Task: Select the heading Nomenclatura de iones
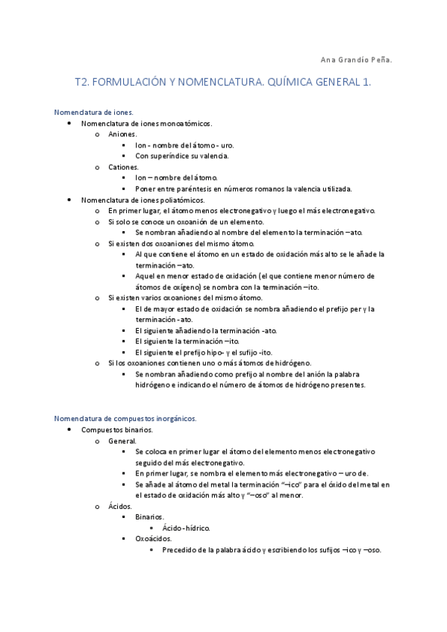[x=93, y=112]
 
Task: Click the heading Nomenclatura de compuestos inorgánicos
[x=125, y=419]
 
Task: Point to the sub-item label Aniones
[x=122, y=134]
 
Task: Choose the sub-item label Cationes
[x=124, y=167]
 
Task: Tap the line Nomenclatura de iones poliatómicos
[x=143, y=200]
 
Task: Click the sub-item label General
[x=122, y=441]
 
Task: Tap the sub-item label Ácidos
[x=119, y=507]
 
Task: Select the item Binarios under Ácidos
[x=150, y=517]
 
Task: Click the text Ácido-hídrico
[x=186, y=528]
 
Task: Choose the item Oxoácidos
[x=154, y=539]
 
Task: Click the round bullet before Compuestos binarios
[x=69, y=430]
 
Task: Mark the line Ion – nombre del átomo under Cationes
[x=176, y=178]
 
